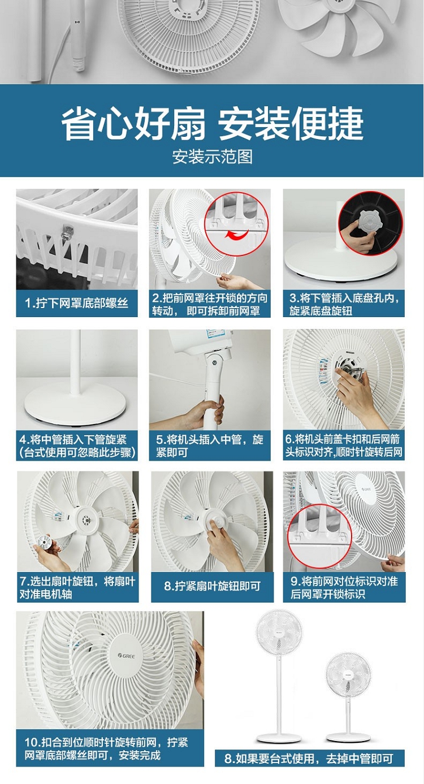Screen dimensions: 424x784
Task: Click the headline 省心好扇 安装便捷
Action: coord(212,123)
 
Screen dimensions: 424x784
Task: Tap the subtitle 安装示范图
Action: coord(212,157)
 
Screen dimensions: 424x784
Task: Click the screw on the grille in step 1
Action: coord(67,232)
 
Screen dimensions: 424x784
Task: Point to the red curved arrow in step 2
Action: coord(237,234)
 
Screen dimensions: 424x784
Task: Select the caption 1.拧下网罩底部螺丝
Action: coord(77,303)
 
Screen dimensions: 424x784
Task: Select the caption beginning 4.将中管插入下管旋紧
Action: coord(77,445)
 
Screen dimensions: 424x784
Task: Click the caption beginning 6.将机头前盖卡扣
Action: coord(344,445)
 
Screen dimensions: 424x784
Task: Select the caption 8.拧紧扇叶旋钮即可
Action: coord(212,586)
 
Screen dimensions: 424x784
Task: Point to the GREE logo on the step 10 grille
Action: coord(127,656)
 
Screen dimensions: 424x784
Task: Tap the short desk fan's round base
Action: coord(348,737)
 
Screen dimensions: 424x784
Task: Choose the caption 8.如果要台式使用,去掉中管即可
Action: coord(309,759)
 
